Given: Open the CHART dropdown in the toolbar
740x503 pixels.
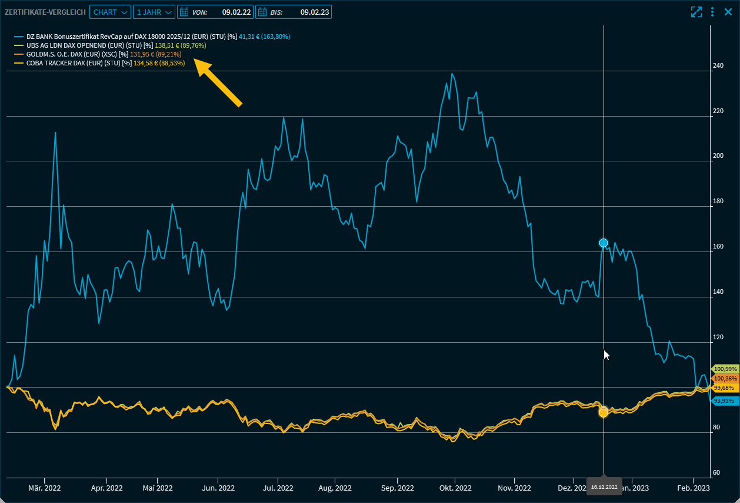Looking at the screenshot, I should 110,12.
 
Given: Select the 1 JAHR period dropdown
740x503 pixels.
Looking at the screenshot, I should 154,12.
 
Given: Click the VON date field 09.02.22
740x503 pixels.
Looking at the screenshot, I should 215,12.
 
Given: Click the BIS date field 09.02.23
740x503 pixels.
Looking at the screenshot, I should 293,12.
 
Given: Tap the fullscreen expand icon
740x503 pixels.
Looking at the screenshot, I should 696,12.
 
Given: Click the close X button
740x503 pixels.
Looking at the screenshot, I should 728,12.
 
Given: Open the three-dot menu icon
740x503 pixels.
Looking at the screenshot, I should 712,12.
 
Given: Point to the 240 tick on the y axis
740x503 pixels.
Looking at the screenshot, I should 718,66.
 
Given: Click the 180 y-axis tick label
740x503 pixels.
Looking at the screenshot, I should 718,201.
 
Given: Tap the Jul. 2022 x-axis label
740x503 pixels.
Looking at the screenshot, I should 278,488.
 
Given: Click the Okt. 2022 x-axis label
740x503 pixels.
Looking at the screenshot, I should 455,488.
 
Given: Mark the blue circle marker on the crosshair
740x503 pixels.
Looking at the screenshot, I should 603,243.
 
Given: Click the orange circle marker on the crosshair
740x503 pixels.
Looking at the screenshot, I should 603,412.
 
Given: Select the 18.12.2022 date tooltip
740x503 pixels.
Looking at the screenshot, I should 604,487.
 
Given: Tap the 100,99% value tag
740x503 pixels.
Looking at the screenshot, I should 724,369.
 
